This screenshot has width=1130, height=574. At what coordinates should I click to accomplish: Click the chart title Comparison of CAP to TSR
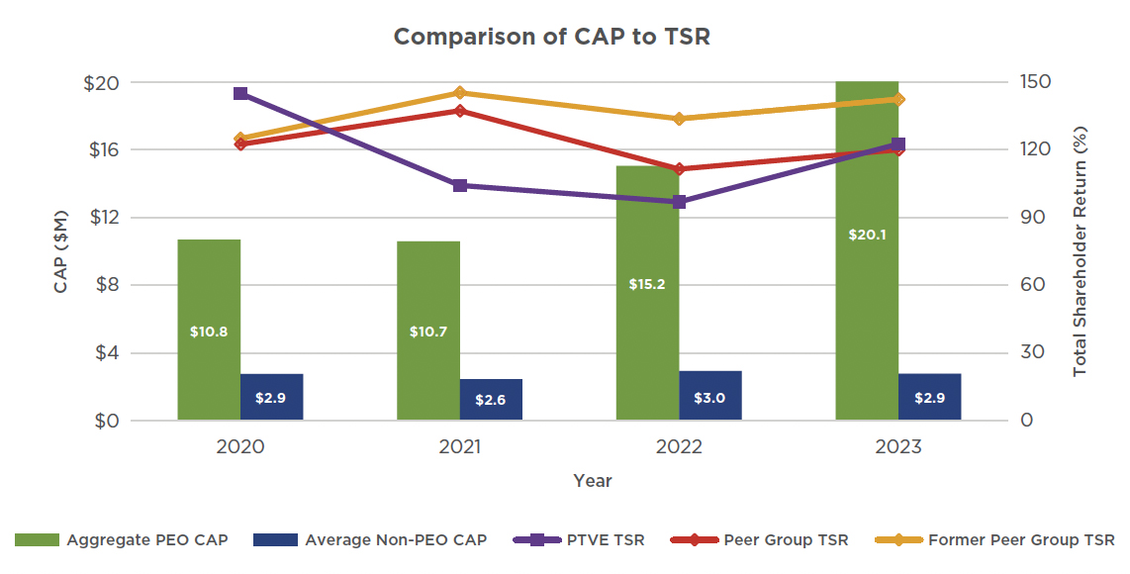tap(552, 37)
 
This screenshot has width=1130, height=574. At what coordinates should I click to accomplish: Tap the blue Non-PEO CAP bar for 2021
tap(491, 400)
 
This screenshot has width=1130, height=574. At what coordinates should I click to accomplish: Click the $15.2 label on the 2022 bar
tap(647, 284)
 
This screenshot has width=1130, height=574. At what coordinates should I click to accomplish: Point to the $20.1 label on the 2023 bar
tap(867, 236)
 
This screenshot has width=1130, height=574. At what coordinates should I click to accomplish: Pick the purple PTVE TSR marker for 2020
tap(240, 94)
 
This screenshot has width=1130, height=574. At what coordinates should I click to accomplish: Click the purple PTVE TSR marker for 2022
tap(680, 202)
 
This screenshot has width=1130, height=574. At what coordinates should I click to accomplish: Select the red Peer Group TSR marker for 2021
tap(460, 110)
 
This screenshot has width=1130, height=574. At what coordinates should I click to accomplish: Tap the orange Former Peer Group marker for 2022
tap(680, 119)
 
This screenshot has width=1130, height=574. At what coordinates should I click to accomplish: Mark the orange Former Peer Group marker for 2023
tap(898, 99)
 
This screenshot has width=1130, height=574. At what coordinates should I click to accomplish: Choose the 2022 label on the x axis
tap(679, 447)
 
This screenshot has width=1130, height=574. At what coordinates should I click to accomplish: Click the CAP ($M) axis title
tap(60, 251)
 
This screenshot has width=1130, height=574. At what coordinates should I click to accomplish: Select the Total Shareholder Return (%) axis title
tap(1081, 250)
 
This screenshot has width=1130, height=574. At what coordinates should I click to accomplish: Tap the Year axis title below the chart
tap(593, 482)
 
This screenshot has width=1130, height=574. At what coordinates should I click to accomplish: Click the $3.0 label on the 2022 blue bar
tap(710, 399)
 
